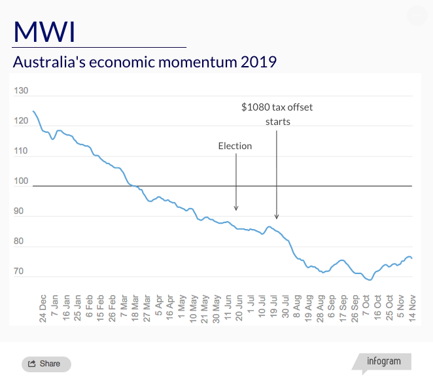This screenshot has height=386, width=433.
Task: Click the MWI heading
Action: pyautogui.click(x=44, y=31)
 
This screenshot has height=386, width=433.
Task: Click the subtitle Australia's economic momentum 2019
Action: pyautogui.click(x=145, y=63)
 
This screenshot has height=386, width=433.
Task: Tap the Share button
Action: pyautogui.click(x=46, y=364)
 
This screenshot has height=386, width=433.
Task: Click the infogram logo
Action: pyautogui.click(x=383, y=362)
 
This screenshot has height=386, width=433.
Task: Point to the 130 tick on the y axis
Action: pyautogui.click(x=21, y=91)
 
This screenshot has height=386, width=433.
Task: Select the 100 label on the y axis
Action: pyautogui.click(x=21, y=181)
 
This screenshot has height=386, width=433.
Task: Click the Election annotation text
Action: pyautogui.click(x=235, y=146)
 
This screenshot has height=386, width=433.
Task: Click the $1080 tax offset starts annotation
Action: pyautogui.click(x=277, y=114)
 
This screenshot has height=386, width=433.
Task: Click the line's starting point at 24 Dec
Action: pyautogui.click(x=33, y=111)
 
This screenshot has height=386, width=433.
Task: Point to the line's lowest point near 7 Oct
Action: pyautogui.click(x=370, y=280)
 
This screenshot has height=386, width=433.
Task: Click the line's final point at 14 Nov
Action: pyautogui.click(x=412, y=258)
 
